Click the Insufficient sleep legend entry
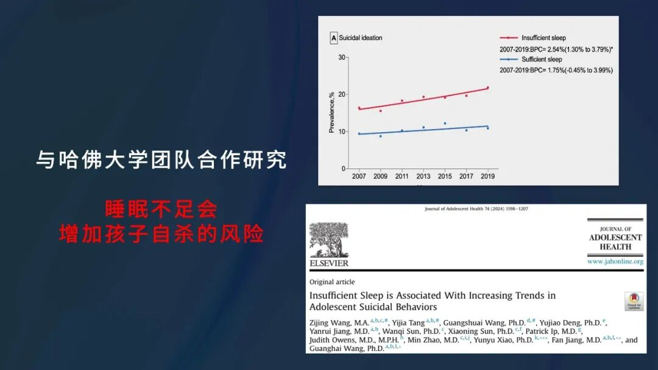(x=533, y=38)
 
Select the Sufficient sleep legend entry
(x=531, y=60)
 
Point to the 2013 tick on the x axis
(x=423, y=176)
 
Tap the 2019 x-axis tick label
(x=487, y=176)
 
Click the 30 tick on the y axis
(x=342, y=57)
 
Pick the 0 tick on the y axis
(x=343, y=169)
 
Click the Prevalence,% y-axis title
(x=331, y=113)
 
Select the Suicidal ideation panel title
(x=361, y=38)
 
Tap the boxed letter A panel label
(x=334, y=38)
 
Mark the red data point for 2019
(x=487, y=88)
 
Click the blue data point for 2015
(x=445, y=124)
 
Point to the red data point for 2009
(x=381, y=111)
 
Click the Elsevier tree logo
(x=329, y=240)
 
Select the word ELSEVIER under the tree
(x=329, y=263)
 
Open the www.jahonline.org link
(x=615, y=262)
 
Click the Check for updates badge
(x=634, y=301)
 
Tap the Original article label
(x=332, y=282)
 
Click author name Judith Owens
(x=333, y=340)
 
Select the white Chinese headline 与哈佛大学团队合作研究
(x=161, y=159)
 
